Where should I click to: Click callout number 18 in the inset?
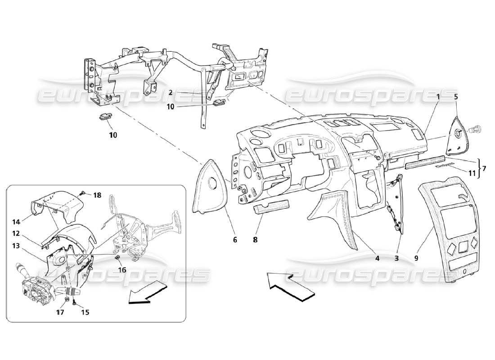[x=98, y=195]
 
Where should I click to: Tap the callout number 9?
[x=416, y=258]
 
